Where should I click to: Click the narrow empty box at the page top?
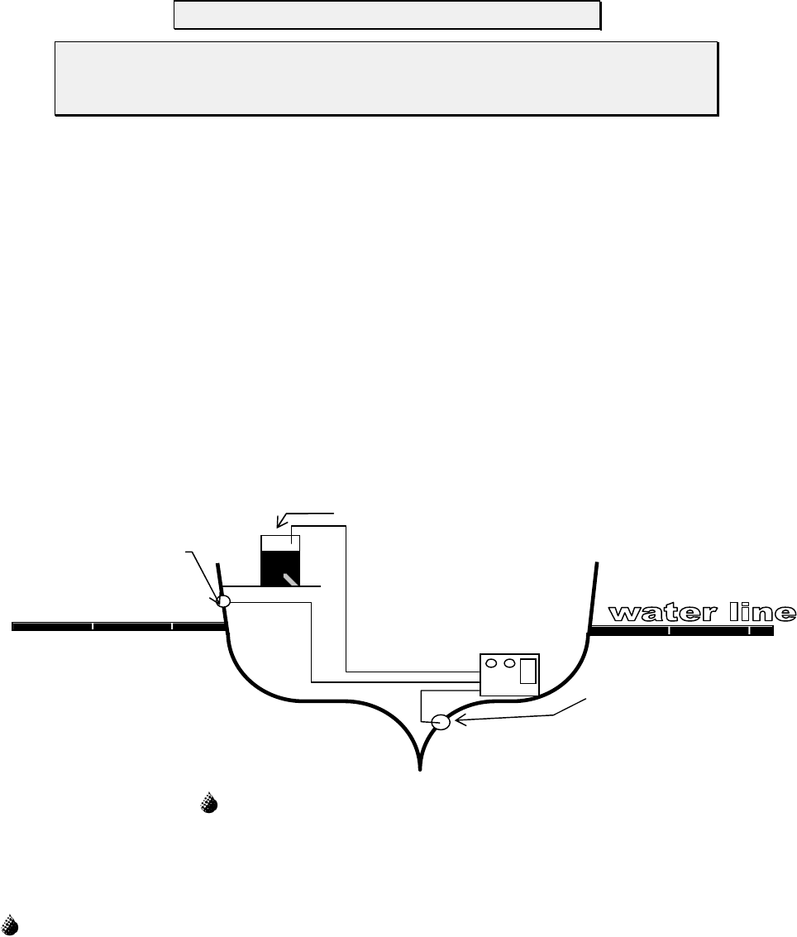point(386,15)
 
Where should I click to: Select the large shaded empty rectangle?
point(386,79)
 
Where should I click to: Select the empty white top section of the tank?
point(280,543)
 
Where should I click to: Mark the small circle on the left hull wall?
point(222,602)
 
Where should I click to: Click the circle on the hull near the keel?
point(442,721)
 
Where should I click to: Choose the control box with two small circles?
point(509,673)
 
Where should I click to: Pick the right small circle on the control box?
point(509,662)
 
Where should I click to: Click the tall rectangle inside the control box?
point(527,672)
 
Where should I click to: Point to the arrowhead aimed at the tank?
point(281,522)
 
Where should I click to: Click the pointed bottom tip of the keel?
point(421,768)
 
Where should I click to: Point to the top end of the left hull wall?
point(217,566)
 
